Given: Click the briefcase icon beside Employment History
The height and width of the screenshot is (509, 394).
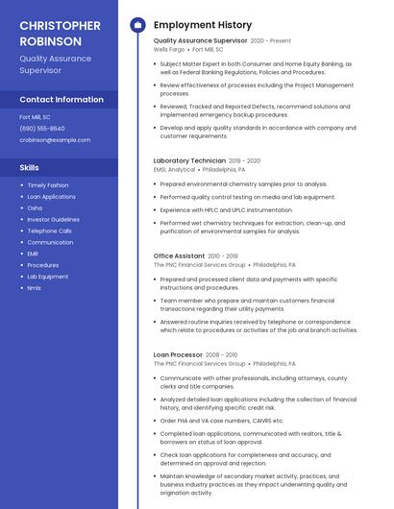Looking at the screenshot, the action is (137, 25).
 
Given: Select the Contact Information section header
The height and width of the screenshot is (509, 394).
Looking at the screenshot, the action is (62, 99).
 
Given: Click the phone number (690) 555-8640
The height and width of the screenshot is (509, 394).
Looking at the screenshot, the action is (42, 128).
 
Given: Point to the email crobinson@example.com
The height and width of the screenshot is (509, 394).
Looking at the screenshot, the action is (55, 139).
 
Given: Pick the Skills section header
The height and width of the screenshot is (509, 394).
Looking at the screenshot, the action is (30, 168).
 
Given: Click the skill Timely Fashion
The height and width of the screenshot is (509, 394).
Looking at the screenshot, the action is (48, 185).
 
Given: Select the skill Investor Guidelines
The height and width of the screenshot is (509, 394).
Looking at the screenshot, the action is (53, 219).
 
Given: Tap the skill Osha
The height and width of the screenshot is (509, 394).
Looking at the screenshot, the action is (35, 207).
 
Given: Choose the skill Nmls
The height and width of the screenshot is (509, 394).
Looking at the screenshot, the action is (35, 288).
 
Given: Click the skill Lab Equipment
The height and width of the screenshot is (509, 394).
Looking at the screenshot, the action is (48, 277).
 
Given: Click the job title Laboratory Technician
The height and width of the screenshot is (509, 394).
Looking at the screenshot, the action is (189, 160).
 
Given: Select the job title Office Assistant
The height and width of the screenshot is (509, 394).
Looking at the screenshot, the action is (179, 255).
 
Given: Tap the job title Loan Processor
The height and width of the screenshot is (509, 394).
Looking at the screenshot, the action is (177, 354).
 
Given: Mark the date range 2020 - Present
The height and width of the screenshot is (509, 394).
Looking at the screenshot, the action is (271, 41).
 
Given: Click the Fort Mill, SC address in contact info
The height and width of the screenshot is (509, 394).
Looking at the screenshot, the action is (37, 116).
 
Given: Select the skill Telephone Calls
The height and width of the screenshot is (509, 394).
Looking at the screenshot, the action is (50, 230).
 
